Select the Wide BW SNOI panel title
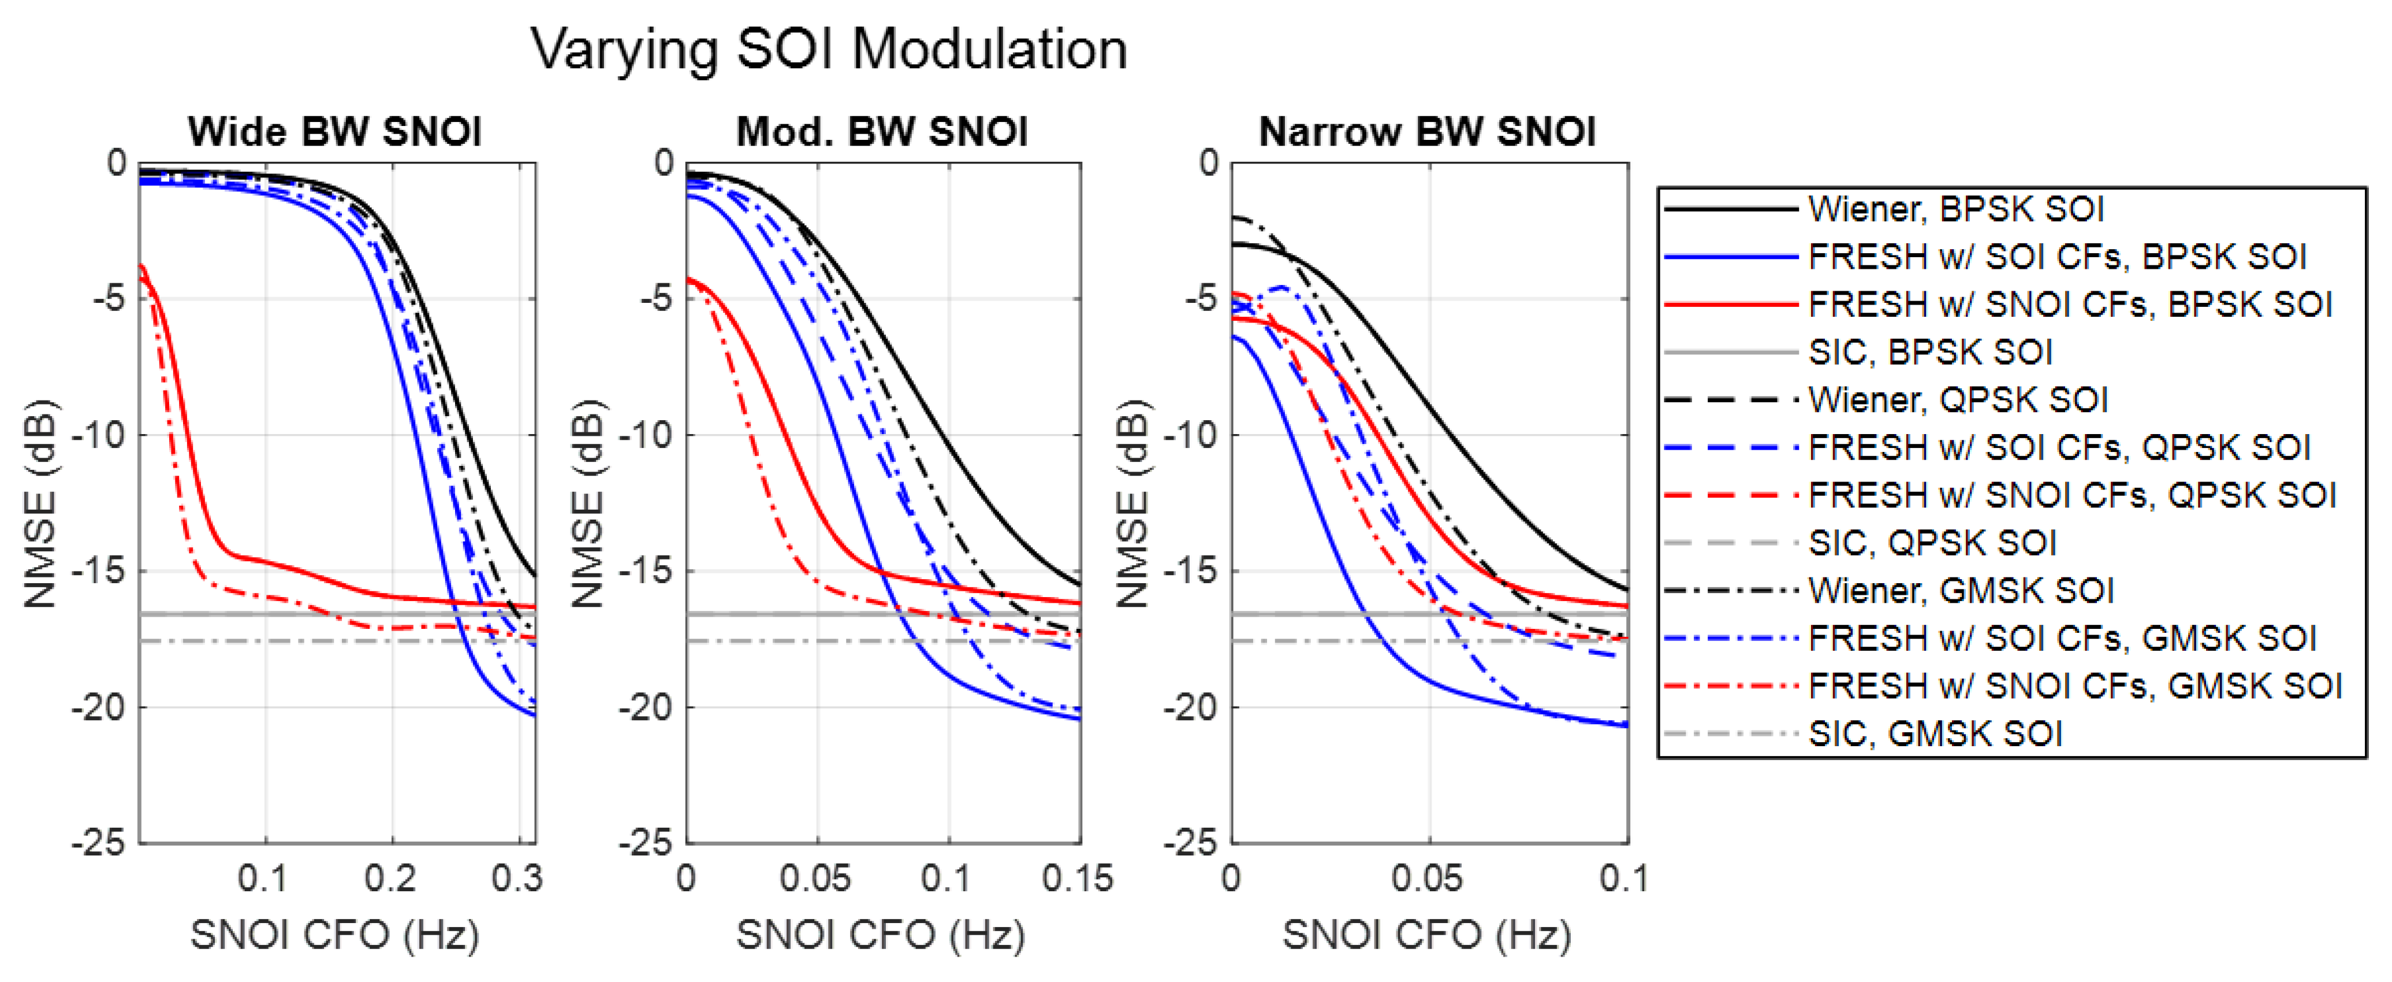point(335,132)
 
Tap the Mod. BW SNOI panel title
point(882,132)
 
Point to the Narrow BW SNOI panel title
point(1427,132)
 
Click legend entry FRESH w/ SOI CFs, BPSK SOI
point(2058,257)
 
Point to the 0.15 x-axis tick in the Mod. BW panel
point(1077,878)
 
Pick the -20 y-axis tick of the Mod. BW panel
point(644,707)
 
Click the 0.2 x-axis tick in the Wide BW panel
point(391,878)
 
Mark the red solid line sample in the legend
point(1731,305)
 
